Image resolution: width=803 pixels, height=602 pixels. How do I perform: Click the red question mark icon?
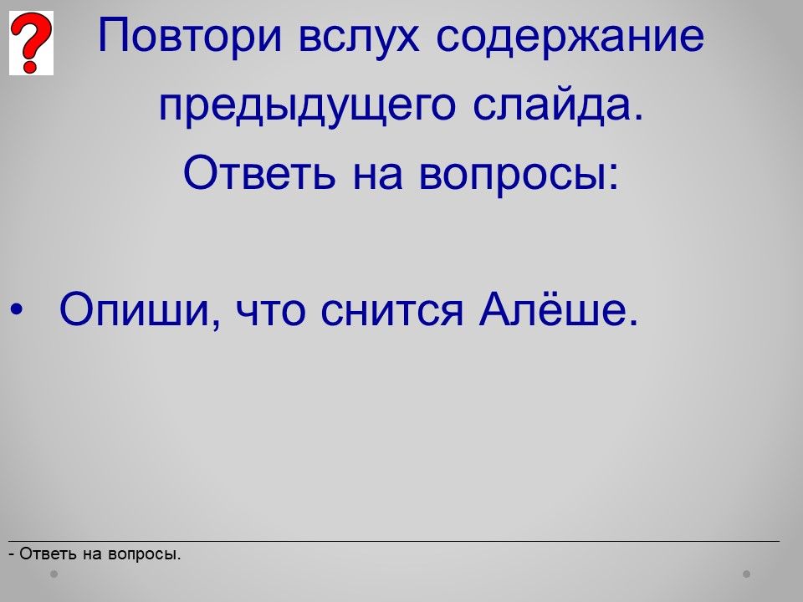[31, 43]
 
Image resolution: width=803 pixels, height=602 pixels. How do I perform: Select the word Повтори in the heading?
[190, 36]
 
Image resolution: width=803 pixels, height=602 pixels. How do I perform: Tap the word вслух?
[359, 37]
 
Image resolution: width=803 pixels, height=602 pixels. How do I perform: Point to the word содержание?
[570, 37]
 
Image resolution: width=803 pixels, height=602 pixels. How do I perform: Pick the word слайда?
[557, 105]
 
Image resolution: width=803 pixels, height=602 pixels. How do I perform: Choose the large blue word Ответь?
[259, 172]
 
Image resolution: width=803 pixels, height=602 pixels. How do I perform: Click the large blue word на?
[377, 177]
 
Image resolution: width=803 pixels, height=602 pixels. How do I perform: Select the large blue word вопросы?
[514, 177]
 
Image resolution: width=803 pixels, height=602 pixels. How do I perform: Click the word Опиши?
[136, 309]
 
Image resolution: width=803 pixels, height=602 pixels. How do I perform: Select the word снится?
[391, 313]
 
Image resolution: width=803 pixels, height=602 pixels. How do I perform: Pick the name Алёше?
[558, 308]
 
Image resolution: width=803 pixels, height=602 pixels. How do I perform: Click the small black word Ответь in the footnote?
[49, 554]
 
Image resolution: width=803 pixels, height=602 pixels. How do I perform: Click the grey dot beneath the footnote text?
[54, 574]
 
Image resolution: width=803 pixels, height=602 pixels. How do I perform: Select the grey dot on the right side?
[747, 574]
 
